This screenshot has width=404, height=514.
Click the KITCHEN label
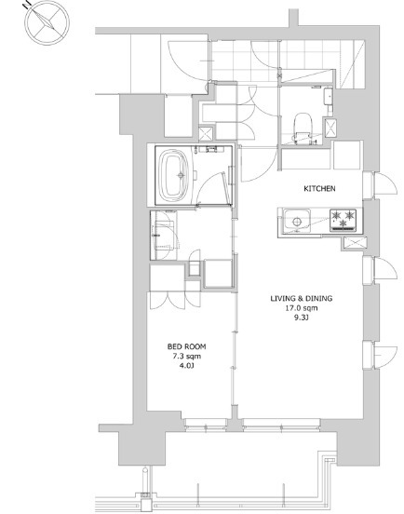pos(319,188)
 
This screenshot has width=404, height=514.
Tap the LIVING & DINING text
pos(301,298)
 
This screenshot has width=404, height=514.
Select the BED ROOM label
pos(186,346)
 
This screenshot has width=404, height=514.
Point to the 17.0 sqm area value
pos(301,308)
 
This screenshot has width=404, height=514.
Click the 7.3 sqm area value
pos(187,357)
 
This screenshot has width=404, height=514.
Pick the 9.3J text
pos(302,318)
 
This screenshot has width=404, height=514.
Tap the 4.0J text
pos(187,366)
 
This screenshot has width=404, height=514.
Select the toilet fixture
pos(303,128)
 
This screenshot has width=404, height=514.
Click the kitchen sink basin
pos(297,221)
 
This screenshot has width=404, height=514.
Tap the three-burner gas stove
pos(343,221)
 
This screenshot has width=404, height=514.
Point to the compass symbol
pos(47,22)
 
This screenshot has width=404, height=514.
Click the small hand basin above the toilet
pos(329,96)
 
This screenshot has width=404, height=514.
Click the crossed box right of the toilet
pos(330,128)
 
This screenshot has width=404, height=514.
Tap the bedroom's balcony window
pos(206,425)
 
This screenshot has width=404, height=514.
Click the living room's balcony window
pos(282,425)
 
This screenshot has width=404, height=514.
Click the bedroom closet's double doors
pos(175,300)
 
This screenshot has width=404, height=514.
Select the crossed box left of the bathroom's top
pos(206,134)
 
